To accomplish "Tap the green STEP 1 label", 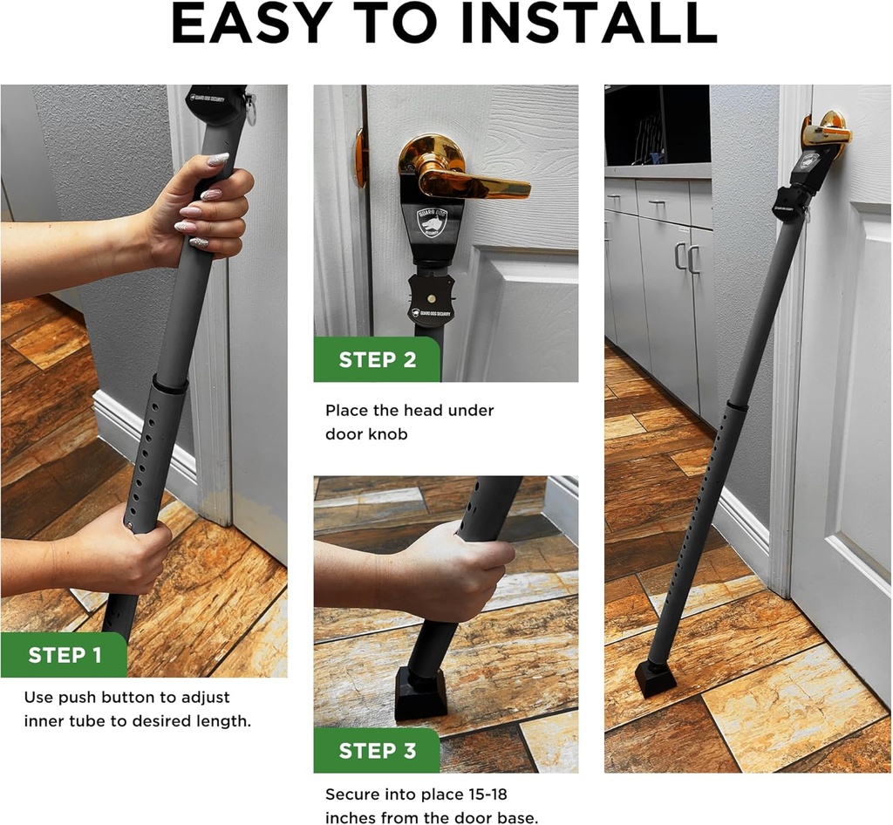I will point(64,656).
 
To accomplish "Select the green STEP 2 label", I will point(377,359).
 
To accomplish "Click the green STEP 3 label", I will point(377,751).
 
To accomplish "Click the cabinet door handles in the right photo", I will point(685,259).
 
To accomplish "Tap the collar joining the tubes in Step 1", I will point(171,384).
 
